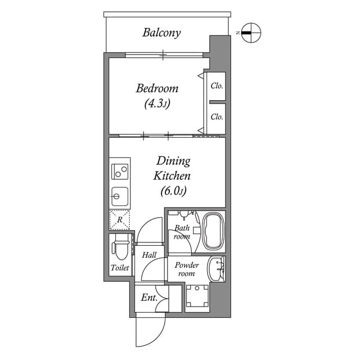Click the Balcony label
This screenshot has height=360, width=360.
161,33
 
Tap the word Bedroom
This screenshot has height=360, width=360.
157,88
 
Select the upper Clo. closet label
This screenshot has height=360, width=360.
217,86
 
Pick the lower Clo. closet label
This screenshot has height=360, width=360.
217,117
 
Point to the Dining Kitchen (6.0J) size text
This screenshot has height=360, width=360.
173,191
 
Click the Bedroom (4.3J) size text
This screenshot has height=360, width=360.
157,103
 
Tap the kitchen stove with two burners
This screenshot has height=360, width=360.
120,170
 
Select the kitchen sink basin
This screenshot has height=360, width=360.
119,197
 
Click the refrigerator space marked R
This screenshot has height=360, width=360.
119,219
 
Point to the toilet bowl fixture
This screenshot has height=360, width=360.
120,248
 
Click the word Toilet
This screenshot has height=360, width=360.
120,268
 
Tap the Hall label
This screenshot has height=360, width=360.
149,255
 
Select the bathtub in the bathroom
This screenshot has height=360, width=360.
213,231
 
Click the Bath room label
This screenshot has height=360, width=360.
181,232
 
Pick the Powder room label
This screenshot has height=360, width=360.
186,269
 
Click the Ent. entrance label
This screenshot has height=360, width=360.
148,298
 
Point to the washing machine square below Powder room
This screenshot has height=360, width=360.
198,296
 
